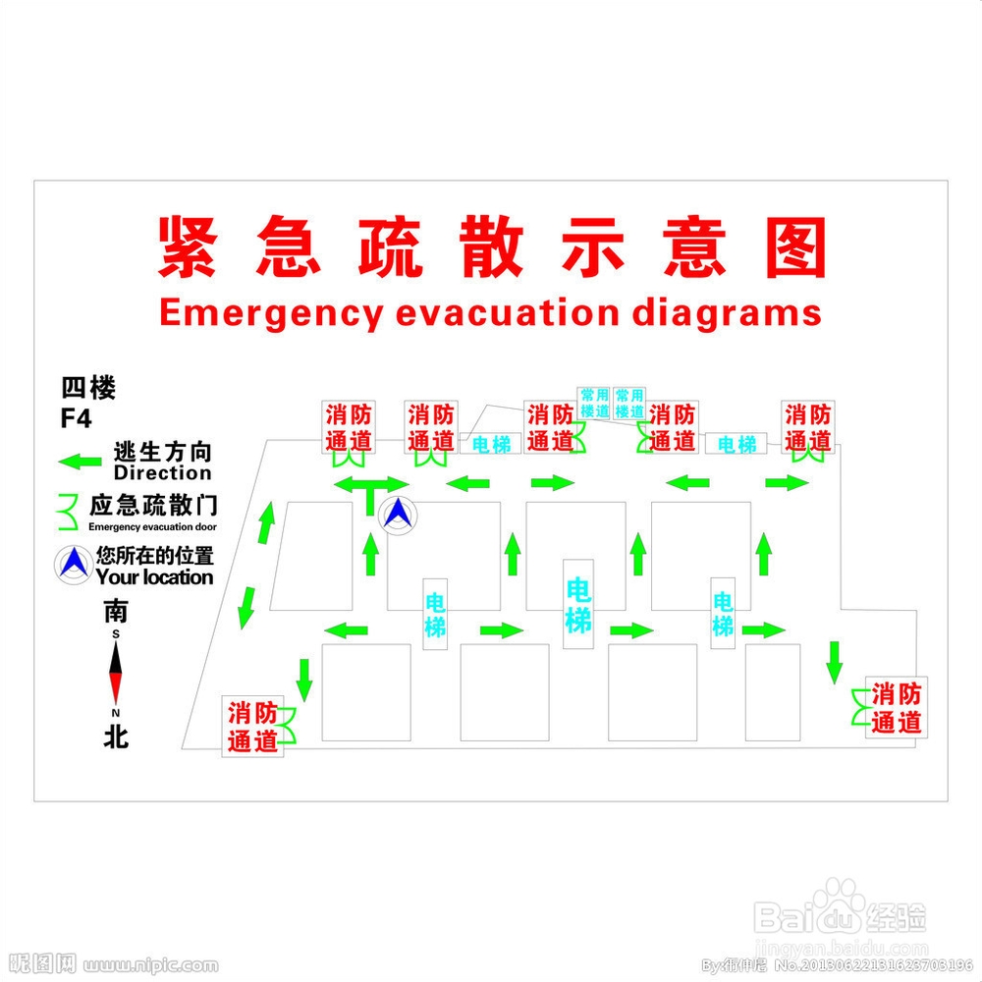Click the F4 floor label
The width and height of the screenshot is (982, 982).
76,418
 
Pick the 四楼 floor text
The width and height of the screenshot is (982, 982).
88,389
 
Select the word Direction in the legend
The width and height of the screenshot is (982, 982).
162,472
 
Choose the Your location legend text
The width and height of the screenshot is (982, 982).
154,577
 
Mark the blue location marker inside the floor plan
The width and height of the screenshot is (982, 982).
398,514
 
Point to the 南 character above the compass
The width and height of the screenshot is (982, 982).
116,612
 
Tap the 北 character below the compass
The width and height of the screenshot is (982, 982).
116,736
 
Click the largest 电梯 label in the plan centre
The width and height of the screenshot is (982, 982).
578,604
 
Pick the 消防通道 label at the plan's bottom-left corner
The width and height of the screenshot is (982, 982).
253,727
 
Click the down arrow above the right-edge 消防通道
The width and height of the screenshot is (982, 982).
834,661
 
